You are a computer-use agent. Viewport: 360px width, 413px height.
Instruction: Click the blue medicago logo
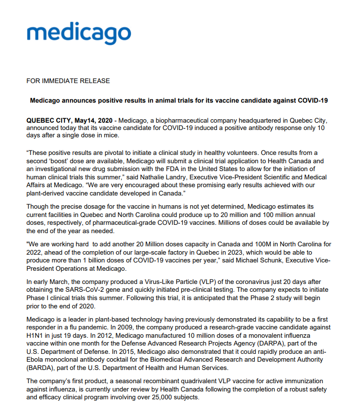79,34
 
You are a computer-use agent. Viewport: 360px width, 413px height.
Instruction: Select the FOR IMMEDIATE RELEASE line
68,81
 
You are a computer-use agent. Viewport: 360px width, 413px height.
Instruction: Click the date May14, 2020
93,120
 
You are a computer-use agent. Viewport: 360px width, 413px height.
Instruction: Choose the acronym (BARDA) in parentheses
43,367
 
